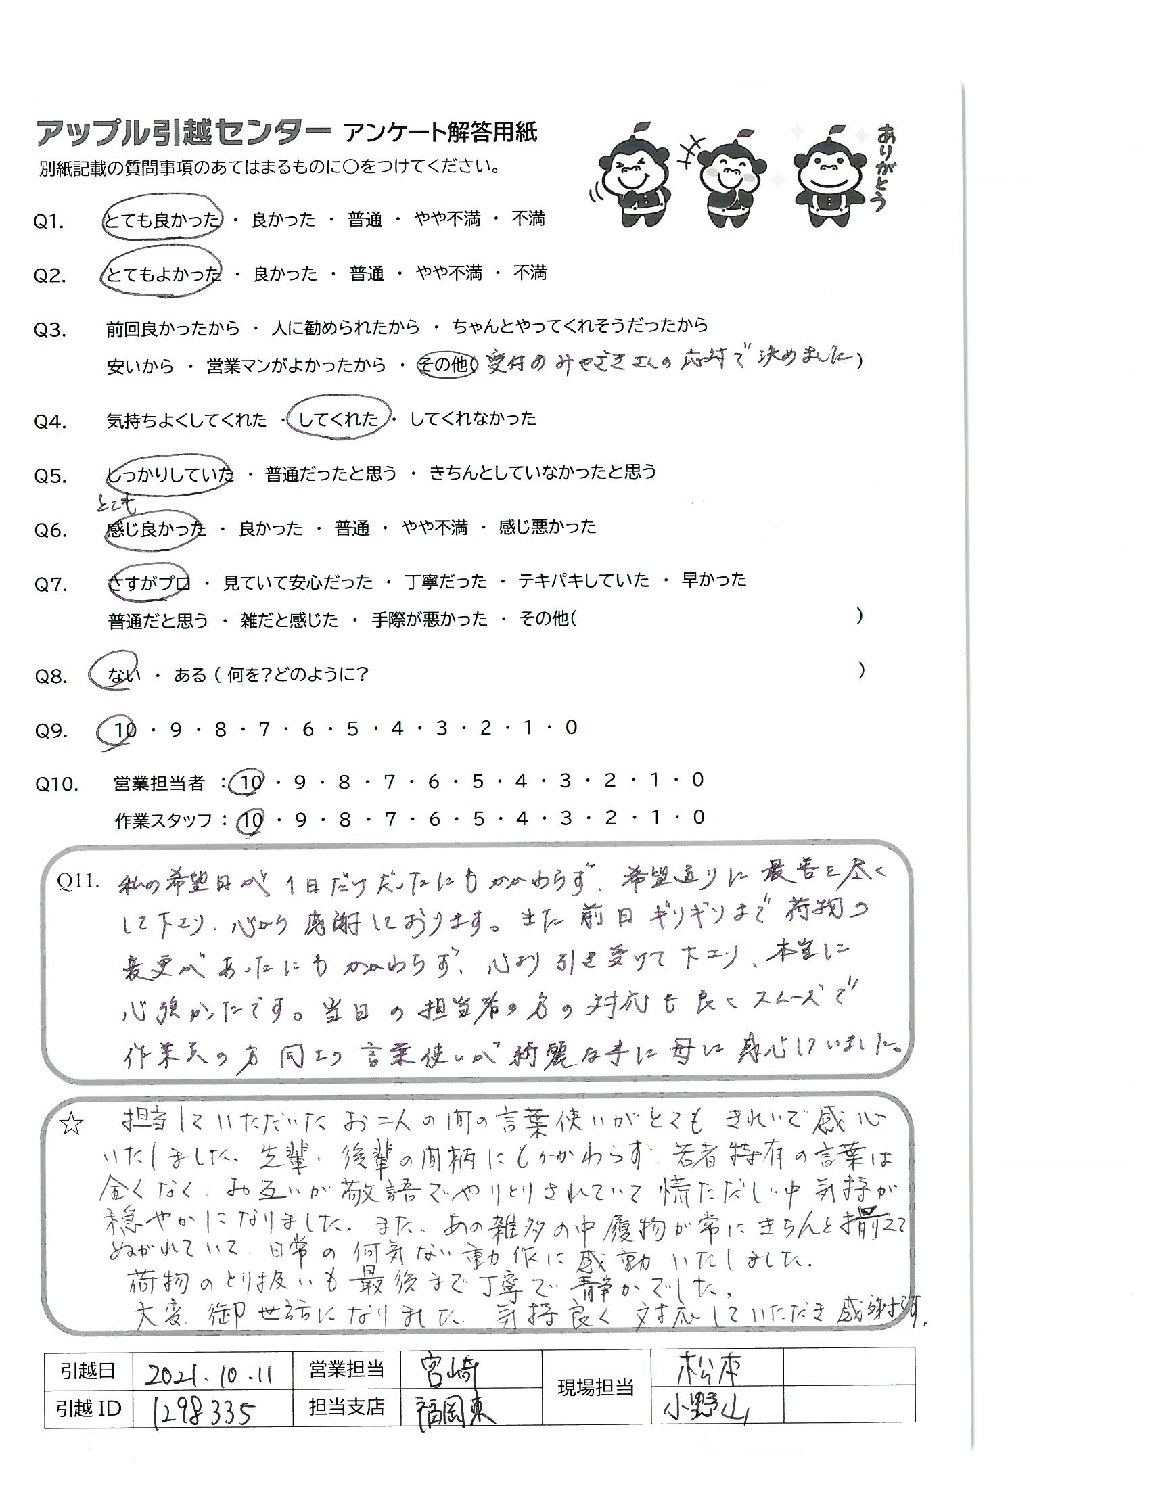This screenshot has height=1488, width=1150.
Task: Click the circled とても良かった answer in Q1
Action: point(162,219)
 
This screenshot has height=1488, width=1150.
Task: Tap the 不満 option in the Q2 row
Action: point(530,273)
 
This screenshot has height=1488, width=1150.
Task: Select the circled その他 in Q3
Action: point(446,365)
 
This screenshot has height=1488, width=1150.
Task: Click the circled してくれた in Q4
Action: point(339,418)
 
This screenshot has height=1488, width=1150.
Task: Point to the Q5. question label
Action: point(51,475)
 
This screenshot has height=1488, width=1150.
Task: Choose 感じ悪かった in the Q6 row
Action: point(548,527)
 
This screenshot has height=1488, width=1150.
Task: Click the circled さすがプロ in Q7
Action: point(149,583)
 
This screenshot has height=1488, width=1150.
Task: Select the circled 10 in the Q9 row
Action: point(124,729)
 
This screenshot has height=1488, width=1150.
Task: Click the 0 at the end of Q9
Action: point(571,728)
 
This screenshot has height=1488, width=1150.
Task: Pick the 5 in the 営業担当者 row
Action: point(477,781)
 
